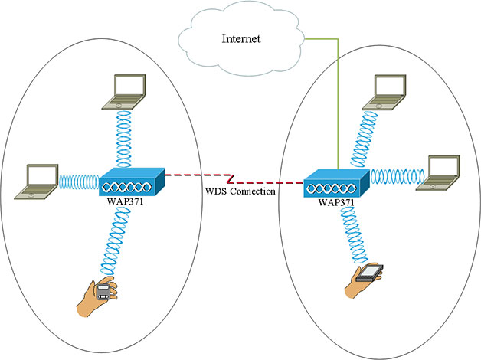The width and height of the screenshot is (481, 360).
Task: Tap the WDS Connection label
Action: pos(239,191)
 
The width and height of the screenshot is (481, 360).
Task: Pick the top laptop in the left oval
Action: pos(127,90)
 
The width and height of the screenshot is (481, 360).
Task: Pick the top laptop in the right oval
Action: pos(388,91)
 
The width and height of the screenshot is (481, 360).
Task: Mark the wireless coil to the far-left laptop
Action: pos(78,182)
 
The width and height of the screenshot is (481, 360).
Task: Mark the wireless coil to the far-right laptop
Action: pos(397,175)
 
